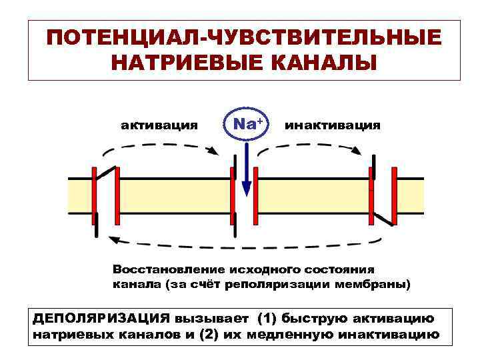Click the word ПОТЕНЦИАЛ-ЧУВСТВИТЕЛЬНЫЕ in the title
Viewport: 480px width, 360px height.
click(x=243, y=37)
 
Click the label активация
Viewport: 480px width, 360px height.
click(x=159, y=125)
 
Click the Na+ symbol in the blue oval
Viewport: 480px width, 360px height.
click(x=247, y=123)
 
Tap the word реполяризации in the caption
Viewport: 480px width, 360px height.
click(x=293, y=285)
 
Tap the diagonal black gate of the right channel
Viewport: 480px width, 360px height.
click(x=382, y=219)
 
